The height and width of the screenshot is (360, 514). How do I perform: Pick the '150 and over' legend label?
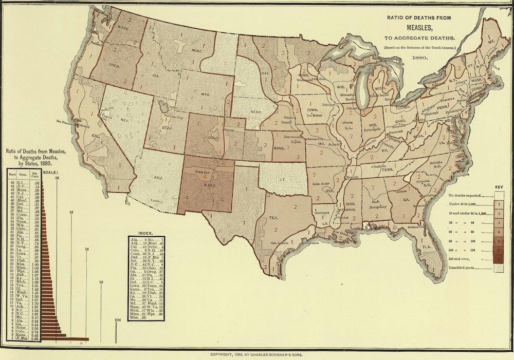(460, 259)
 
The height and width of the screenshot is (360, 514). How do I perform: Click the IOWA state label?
(313, 109)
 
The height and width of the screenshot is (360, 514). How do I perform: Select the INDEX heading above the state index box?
(146, 232)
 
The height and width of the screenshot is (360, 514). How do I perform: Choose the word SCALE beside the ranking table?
(50, 172)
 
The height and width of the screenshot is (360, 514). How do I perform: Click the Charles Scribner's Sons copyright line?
(256, 354)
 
